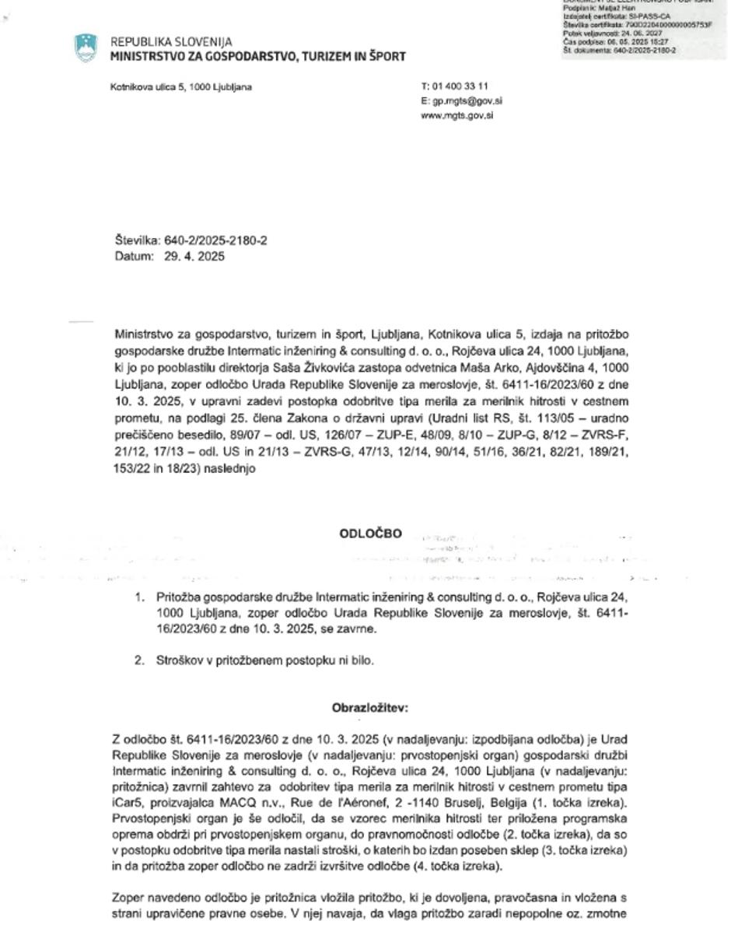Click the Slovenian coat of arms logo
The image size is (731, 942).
pos(86,48)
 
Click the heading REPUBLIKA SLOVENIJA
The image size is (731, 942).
pos(171,42)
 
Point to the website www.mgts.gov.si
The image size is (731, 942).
pos(456,116)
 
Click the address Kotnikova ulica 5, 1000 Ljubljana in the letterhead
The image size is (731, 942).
pos(180,87)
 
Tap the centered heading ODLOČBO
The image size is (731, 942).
pos(371,534)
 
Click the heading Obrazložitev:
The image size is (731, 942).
pos(370,708)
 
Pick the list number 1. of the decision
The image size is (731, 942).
pos(140,597)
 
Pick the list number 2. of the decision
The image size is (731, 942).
pos(140,660)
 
